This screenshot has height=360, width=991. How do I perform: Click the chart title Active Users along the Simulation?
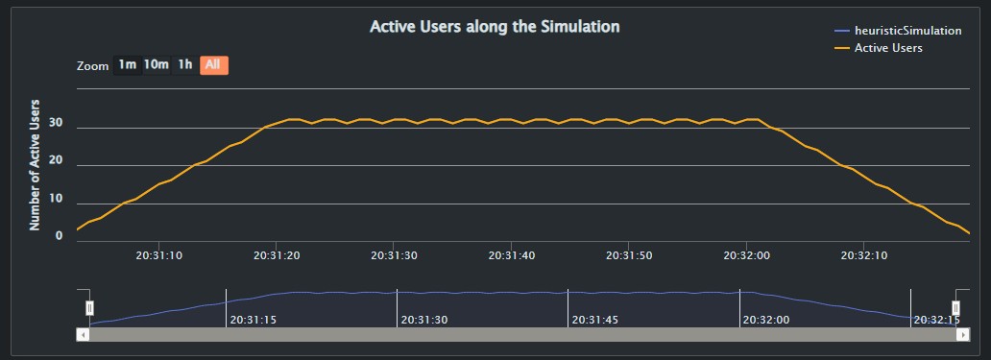point(495,27)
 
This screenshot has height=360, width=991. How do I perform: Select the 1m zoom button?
point(127,65)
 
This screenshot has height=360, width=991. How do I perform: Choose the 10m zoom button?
point(157,65)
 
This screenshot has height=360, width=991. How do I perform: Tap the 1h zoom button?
point(185,65)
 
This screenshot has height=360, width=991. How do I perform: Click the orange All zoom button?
point(213,65)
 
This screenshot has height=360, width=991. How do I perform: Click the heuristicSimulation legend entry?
point(907,31)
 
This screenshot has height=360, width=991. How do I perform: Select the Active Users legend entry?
point(888,48)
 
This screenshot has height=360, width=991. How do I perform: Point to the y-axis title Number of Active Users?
point(36,164)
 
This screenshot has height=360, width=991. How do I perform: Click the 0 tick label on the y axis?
point(60,236)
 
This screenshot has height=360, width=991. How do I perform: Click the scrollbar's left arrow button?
point(83,334)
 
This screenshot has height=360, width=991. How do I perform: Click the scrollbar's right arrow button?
point(963,334)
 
